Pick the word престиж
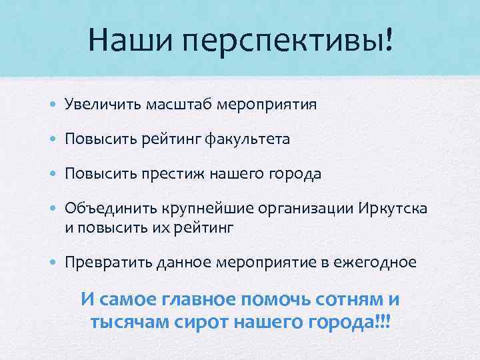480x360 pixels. pos(174,175)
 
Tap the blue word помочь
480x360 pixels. pos(266,299)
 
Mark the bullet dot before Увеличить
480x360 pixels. pos(53,105)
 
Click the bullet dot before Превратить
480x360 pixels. pos(53,263)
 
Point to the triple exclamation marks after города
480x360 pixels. pos(383,322)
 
